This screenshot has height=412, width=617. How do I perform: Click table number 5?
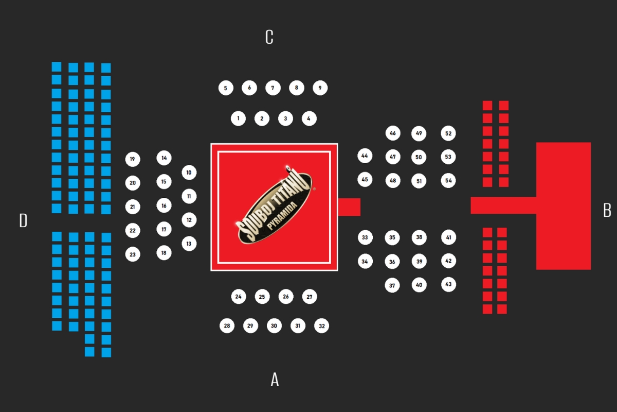(x=225, y=88)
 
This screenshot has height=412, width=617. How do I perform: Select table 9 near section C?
(x=320, y=88)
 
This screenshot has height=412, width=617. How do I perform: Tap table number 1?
(x=238, y=119)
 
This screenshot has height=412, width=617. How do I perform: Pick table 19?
(x=133, y=159)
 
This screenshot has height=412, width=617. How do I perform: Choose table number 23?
(x=133, y=254)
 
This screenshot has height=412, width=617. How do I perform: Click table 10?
(x=189, y=173)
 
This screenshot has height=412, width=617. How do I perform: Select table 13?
(x=189, y=244)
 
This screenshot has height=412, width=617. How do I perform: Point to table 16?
(x=164, y=205)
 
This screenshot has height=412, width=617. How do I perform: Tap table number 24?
(x=238, y=297)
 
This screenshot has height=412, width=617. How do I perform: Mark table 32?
(x=322, y=326)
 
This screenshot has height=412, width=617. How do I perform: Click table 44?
(x=365, y=156)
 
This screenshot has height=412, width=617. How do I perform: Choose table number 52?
(x=448, y=133)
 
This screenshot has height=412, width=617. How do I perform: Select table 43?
(x=448, y=284)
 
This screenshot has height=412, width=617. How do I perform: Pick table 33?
(x=365, y=238)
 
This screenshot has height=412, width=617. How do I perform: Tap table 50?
(x=419, y=157)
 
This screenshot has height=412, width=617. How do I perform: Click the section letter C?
(x=269, y=37)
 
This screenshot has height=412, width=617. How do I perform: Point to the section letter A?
(x=275, y=380)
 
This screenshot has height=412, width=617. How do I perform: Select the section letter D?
(x=23, y=221)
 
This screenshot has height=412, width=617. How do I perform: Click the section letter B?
(x=607, y=211)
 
